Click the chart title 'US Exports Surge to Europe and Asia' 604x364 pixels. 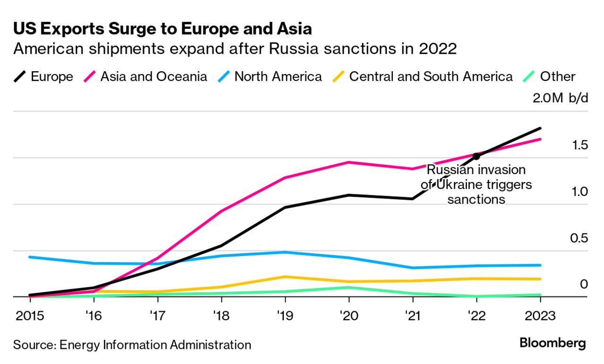pyautogui.click(x=162, y=29)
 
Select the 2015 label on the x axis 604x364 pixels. pyautogui.click(x=29, y=315)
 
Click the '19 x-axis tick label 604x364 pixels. pyautogui.click(x=285, y=315)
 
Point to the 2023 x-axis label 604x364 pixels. pyautogui.click(x=540, y=315)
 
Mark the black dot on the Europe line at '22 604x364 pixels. pyautogui.click(x=476, y=156)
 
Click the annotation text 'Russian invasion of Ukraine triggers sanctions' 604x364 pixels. pyautogui.click(x=476, y=184)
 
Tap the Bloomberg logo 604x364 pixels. pyautogui.click(x=552, y=343)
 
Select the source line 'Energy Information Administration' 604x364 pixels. pyautogui.click(x=155, y=345)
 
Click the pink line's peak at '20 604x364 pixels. pyautogui.click(x=349, y=162)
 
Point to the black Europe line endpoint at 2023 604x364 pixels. pyautogui.click(x=540, y=128)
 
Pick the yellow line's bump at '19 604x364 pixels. pyautogui.click(x=285, y=277)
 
